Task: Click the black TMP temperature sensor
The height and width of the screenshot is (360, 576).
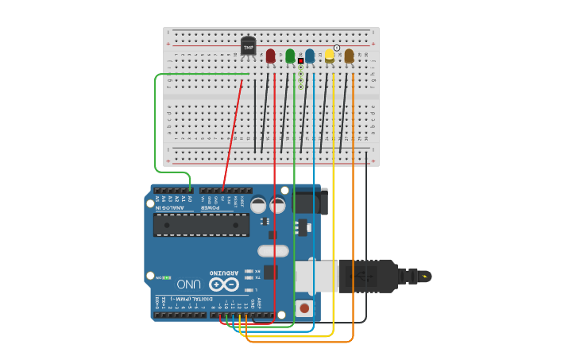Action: pyautogui.click(x=249, y=47)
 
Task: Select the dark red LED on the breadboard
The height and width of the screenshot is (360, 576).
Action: pyautogui.click(x=270, y=56)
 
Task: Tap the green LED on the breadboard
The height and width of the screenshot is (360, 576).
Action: pyautogui.click(x=290, y=56)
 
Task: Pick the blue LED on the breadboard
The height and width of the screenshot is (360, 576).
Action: pyautogui.click(x=310, y=56)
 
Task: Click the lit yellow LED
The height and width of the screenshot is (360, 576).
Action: pyautogui.click(x=329, y=56)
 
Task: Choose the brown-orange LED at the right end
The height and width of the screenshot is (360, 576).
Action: pyautogui.click(x=349, y=56)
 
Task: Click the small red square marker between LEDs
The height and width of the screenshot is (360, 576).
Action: pyautogui.click(x=300, y=60)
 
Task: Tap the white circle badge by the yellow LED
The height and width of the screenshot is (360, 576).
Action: pyautogui.click(x=337, y=48)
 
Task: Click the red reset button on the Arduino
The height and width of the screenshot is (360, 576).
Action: pyautogui.click(x=303, y=307)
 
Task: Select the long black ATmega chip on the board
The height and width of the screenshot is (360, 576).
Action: pyautogui.click(x=201, y=224)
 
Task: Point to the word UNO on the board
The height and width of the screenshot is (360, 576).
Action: pyautogui.click(x=188, y=284)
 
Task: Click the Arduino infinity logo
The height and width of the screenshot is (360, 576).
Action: pyautogui.click(x=223, y=284)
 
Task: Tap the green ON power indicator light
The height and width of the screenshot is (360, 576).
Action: pyautogui.click(x=167, y=277)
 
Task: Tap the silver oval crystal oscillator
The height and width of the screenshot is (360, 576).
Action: pyautogui.click(x=273, y=251)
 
